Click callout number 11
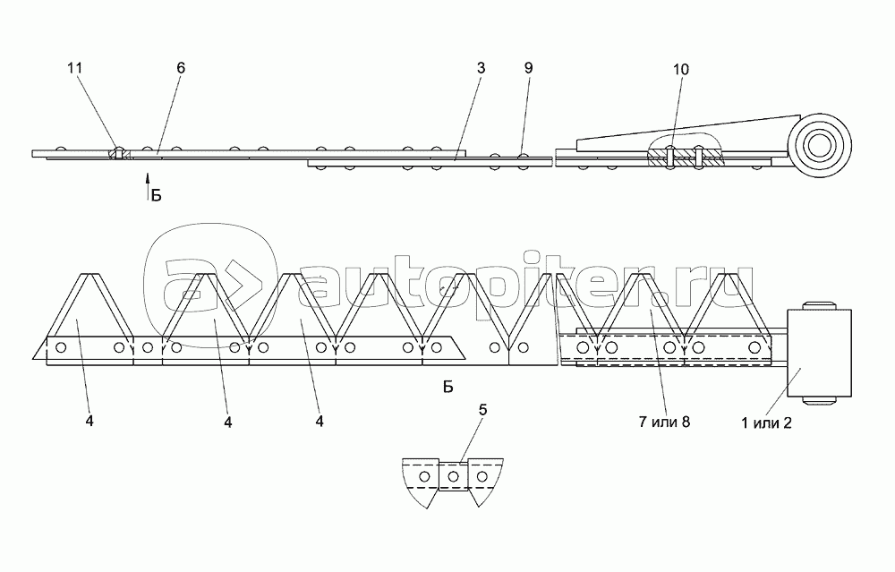coord(75,68)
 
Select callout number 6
coord(181,68)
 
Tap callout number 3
coord(482,68)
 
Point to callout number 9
coord(529,68)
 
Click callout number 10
coord(681,69)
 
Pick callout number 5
coord(483,410)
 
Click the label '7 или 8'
coord(664,422)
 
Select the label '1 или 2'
coord(766,423)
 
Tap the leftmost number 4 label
coord(89,422)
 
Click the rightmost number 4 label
coord(320,422)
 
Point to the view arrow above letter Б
coord(148,184)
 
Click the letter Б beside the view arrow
coord(157,196)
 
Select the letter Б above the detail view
coord(448,388)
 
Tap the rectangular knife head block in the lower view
coord(819,354)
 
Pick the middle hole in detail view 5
coord(453,476)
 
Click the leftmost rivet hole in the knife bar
coord(62,347)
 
